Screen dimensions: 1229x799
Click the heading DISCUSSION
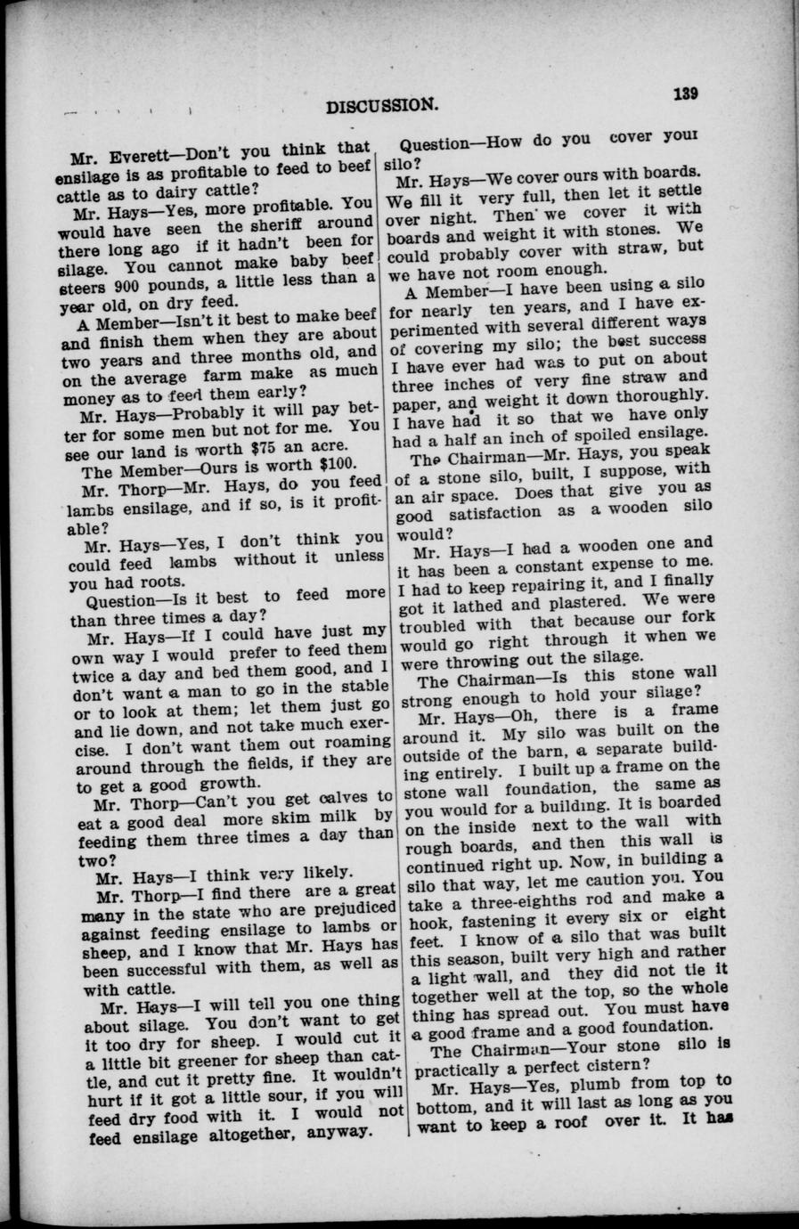pyautogui.click(x=382, y=106)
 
